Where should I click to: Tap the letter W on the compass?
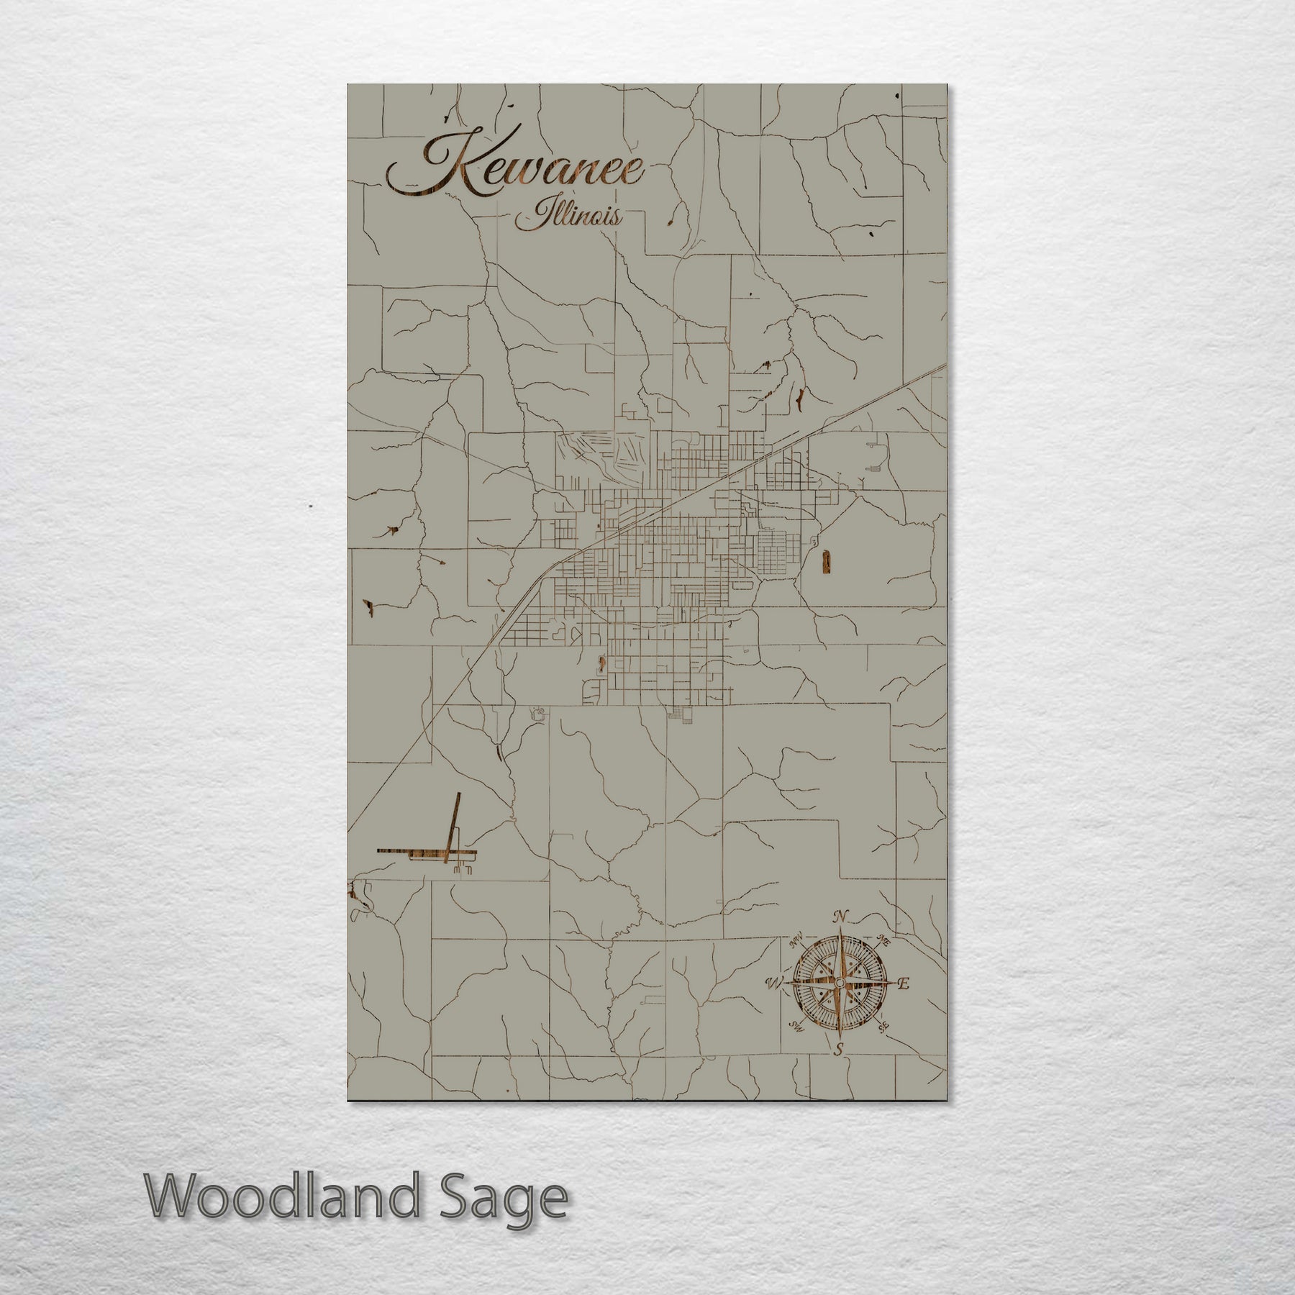point(775,983)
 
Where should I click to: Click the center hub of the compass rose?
point(839,983)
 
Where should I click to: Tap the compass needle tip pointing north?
point(839,932)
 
